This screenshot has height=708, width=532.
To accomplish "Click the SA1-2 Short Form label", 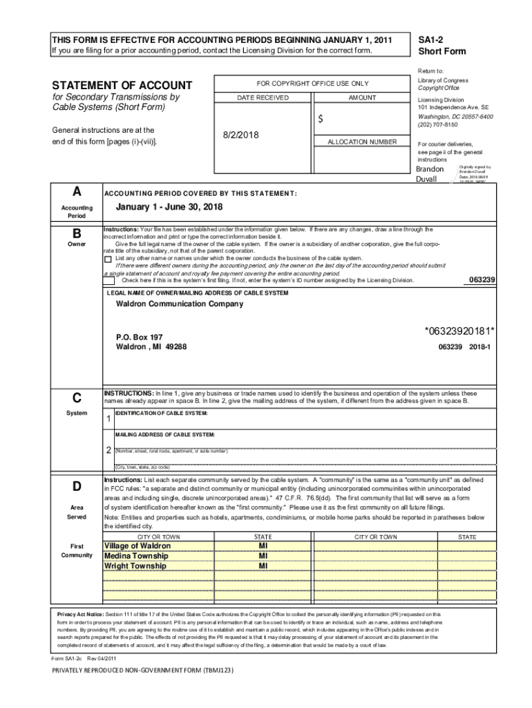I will (441, 46).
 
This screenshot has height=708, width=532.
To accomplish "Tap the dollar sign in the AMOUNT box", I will (321, 119).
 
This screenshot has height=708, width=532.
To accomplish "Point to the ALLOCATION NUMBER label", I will (361, 142).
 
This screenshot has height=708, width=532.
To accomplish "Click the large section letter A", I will (76, 191).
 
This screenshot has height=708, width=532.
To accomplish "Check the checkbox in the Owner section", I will (107, 259).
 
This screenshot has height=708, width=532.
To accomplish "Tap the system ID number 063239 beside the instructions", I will (482, 279).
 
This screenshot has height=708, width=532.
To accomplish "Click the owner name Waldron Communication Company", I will (179, 304).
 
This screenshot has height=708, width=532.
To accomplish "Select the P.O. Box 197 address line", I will (140, 337).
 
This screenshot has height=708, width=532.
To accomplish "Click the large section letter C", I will (76, 398).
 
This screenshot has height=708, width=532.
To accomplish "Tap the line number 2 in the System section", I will (108, 451).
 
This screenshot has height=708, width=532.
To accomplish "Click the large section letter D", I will (76, 487).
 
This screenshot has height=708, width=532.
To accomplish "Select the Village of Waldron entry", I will (137, 546).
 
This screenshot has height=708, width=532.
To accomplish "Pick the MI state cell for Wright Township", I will (263, 566).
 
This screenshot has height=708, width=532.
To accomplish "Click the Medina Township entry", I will (136, 556).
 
